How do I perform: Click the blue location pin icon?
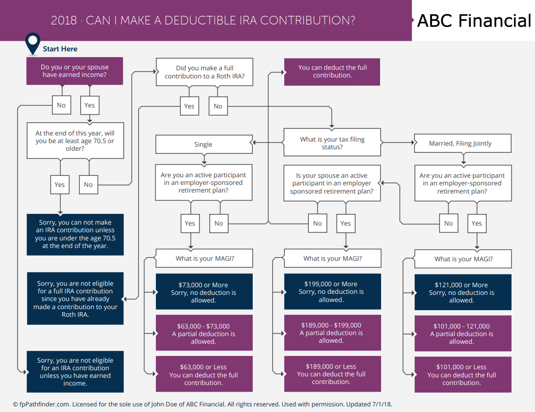[33, 43]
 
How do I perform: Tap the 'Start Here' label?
[60, 49]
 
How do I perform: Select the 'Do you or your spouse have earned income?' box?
[75, 71]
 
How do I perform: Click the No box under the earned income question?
[62, 105]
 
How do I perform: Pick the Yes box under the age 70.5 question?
[60, 184]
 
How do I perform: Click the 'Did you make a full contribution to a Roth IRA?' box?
[205, 72]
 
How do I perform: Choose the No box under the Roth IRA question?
[218, 106]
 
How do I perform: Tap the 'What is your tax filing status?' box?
[332, 143]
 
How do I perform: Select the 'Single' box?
[204, 144]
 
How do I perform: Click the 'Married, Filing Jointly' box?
[463, 143]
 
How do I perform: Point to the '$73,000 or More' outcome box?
[204, 292]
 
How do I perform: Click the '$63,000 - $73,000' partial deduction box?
[204, 333]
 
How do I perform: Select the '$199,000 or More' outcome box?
[333, 292]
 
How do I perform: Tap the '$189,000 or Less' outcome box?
[333, 374]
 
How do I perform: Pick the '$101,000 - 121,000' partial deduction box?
[463, 333]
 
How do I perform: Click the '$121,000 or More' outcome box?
[463, 292]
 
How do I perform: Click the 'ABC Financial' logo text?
[474, 21]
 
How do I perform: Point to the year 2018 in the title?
[64, 20]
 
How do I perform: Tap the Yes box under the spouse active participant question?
[345, 224]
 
